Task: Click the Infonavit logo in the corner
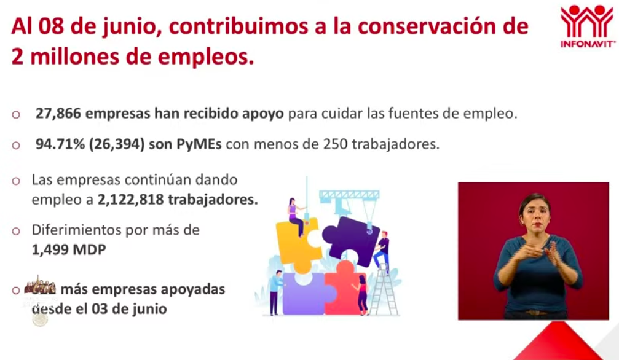[x=587, y=26]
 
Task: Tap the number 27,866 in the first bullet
[x=58, y=114]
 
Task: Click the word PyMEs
[x=195, y=146]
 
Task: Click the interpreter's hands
[x=541, y=251]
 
